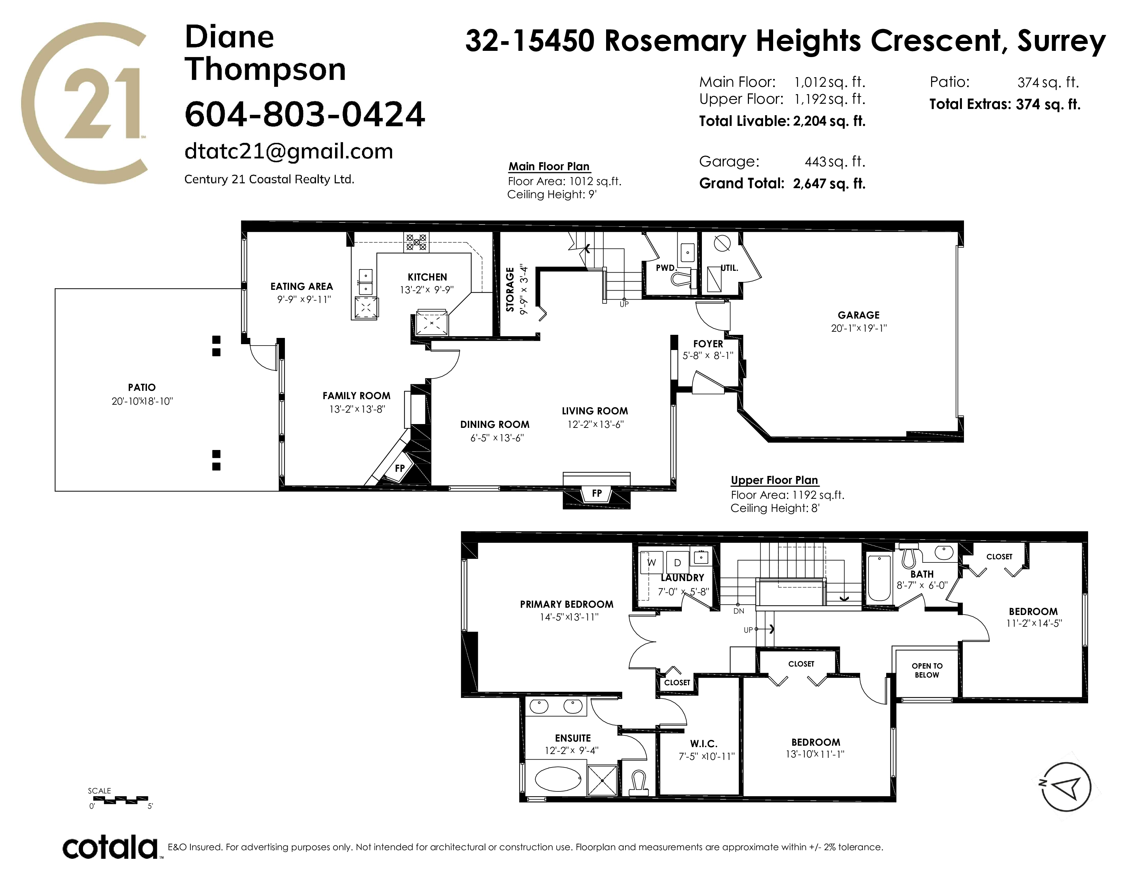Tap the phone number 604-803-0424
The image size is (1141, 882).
(305, 114)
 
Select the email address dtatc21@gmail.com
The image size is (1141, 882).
(289, 151)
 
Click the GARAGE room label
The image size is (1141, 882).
(859, 315)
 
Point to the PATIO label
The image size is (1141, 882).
(141, 387)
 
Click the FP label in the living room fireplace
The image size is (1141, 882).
(597, 493)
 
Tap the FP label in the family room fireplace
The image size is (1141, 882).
(400, 468)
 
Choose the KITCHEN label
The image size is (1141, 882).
(427, 277)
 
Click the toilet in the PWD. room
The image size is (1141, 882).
(681, 277)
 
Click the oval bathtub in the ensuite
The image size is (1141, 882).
(558, 781)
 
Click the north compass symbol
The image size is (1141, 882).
(1066, 787)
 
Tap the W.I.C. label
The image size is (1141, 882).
(704, 744)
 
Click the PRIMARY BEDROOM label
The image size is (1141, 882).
(567, 604)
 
